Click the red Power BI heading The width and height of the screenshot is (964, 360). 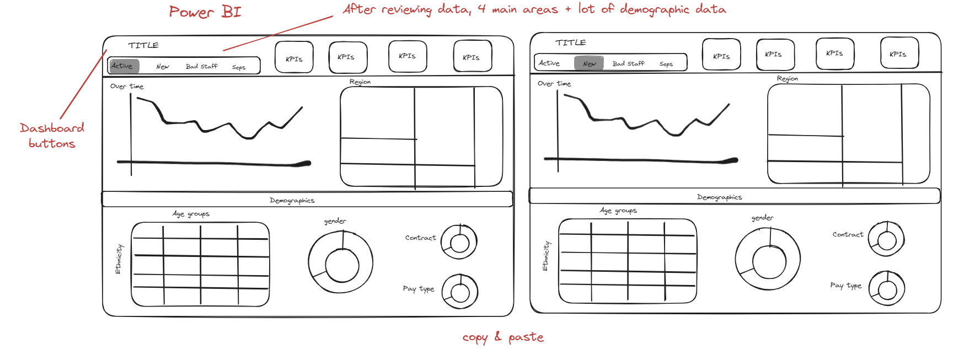205,12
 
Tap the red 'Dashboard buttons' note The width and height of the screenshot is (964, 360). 52,136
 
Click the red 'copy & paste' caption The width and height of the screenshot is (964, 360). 503,337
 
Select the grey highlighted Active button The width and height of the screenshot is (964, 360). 124,66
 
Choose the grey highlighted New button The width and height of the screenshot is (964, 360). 589,63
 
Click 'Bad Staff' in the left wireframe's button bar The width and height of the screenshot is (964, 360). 201,66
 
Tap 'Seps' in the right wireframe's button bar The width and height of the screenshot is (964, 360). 666,64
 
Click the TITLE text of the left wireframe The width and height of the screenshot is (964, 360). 143,45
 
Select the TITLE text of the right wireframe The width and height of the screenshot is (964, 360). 571,42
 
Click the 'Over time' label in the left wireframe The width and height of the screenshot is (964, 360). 127,86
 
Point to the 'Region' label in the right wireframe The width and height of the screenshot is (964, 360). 788,79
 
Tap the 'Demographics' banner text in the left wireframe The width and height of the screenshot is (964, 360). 292,201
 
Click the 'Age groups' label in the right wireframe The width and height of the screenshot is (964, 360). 618,211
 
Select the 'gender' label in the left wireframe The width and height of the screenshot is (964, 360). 335,221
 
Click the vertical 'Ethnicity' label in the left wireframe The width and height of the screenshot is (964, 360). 119,259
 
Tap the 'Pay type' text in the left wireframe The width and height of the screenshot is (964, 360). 419,289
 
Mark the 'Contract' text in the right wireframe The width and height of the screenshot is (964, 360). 848,234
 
